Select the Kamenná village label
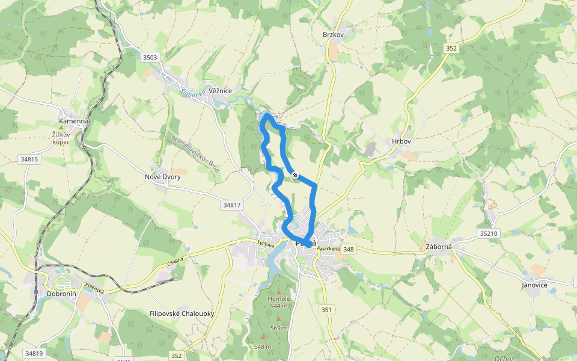click(73, 121)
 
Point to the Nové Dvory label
click(162, 177)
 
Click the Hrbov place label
click(401, 141)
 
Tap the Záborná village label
click(439, 246)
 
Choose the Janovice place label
click(534, 285)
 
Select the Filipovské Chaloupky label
click(182, 313)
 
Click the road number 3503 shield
click(150, 58)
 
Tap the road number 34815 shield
click(29, 159)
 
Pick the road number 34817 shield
click(231, 205)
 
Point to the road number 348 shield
click(349, 249)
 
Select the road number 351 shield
click(326, 309)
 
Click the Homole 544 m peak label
click(279, 302)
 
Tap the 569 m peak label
click(279, 328)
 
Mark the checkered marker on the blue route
click(295, 175)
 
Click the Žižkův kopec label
click(61, 138)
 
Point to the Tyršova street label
click(265, 244)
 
